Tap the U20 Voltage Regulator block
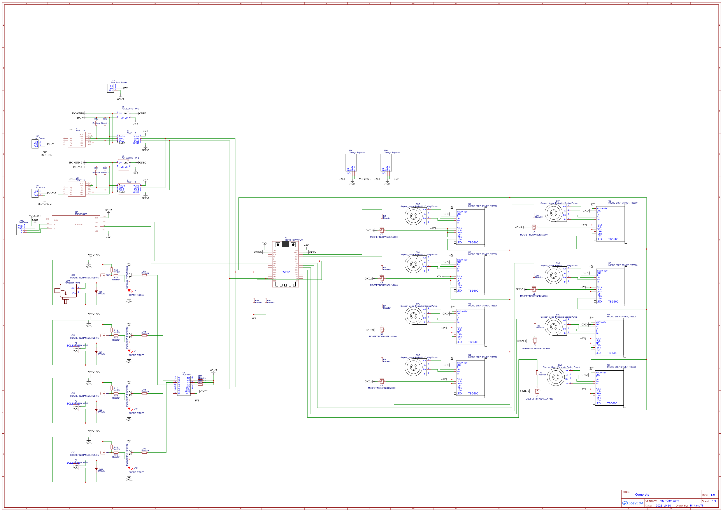(351, 162)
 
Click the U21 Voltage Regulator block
(386, 162)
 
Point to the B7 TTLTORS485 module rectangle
(76, 224)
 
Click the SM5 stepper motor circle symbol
(414, 216)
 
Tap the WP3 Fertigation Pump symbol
(66, 292)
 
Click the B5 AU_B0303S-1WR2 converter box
(124, 115)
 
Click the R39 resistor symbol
(254, 301)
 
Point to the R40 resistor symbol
(266, 301)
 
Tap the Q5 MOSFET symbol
(382, 230)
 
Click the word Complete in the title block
(642, 494)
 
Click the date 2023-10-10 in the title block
(663, 505)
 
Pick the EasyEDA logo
(632, 503)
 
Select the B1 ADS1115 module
(77, 140)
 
